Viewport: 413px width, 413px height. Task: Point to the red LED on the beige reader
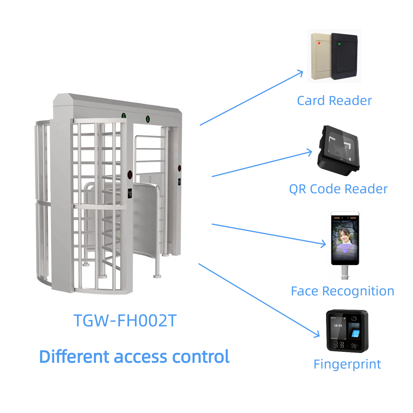pyautogui.click(x=319, y=43)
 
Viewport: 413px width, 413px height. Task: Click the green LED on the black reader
pyautogui.click(x=339, y=44)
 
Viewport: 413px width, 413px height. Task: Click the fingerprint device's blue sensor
pyautogui.click(x=355, y=333)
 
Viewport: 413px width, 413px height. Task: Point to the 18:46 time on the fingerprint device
pyautogui.click(x=338, y=326)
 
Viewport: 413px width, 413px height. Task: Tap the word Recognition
pyautogui.click(x=358, y=291)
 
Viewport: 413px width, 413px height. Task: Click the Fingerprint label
pyautogui.click(x=347, y=364)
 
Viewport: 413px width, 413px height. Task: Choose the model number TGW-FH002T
pyautogui.click(x=125, y=321)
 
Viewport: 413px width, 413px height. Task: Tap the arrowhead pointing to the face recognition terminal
pyautogui.click(x=324, y=244)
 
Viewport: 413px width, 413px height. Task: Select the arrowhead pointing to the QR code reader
pyautogui.click(x=310, y=152)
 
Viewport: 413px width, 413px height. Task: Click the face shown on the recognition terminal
pyautogui.click(x=344, y=236)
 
